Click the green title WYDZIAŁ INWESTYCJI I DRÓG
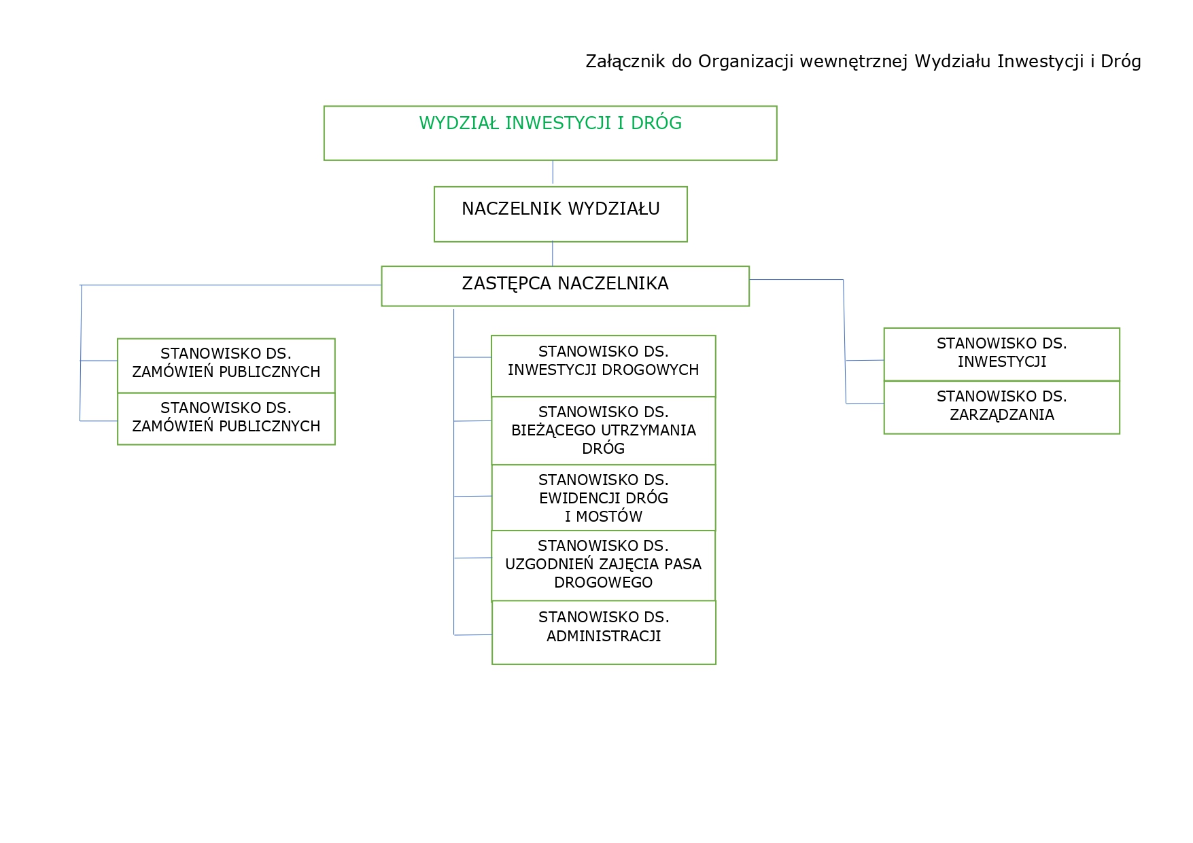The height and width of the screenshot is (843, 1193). (x=550, y=124)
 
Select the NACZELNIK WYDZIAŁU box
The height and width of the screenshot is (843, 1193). (x=560, y=213)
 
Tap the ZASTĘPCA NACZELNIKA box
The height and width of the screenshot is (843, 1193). (x=565, y=285)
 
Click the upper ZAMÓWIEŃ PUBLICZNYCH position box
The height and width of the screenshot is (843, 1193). (x=226, y=365)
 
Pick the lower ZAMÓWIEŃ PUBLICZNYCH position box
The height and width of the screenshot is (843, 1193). (x=226, y=418)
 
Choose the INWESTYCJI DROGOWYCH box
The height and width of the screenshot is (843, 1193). (x=603, y=365)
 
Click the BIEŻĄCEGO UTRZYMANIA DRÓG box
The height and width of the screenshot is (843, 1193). (x=603, y=431)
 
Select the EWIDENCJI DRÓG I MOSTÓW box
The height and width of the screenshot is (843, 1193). (x=603, y=498)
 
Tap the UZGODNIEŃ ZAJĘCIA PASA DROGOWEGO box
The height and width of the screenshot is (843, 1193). (x=603, y=565)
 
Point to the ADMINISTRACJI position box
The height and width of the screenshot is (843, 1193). (x=604, y=632)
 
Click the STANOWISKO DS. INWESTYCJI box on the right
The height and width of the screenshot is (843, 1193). (x=1001, y=354)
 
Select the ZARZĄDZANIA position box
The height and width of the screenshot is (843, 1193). (x=1001, y=407)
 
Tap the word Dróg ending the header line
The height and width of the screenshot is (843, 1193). (x=1120, y=62)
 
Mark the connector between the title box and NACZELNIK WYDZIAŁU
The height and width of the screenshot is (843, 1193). (x=553, y=173)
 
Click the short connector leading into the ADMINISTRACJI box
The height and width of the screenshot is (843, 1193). (x=473, y=635)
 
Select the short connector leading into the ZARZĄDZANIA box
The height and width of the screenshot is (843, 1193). (x=865, y=403)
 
